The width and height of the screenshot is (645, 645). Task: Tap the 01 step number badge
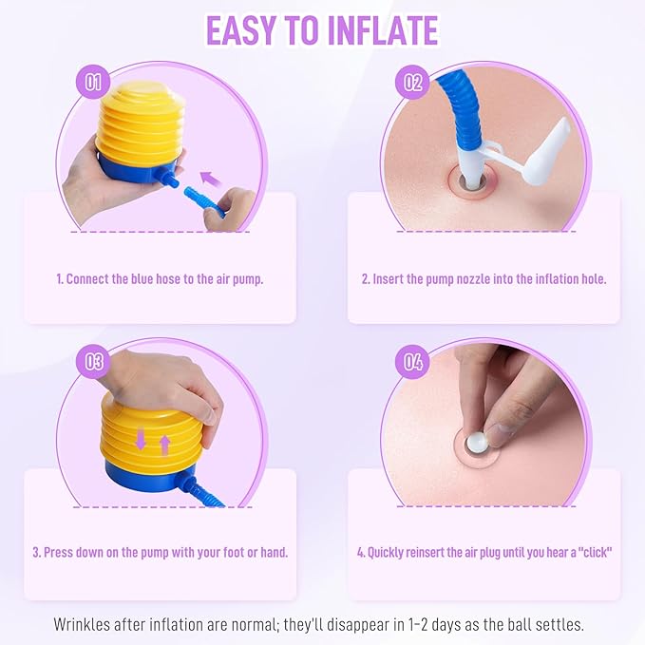tap(93, 82)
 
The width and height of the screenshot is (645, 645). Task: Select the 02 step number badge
tap(412, 82)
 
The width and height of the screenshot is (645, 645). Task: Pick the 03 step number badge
tap(93, 362)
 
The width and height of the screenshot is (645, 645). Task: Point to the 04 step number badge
tap(412, 362)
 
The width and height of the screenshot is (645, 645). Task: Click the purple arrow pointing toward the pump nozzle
tap(211, 179)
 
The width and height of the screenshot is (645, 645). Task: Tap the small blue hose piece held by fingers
tap(203, 200)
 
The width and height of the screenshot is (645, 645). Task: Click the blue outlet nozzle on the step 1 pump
tap(169, 178)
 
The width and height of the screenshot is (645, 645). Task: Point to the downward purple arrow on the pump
tap(141, 439)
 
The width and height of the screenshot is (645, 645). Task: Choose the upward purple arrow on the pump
tap(164, 446)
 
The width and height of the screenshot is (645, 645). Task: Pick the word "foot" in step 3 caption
tap(234, 552)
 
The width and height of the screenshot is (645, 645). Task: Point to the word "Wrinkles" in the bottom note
tap(82, 624)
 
